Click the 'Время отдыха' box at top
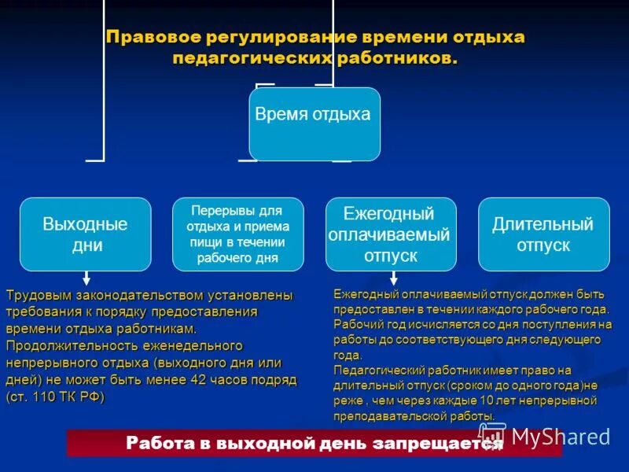(314, 124)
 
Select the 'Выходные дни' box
(85, 234)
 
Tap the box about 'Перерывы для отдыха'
(237, 234)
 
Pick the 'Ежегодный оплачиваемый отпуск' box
(390, 234)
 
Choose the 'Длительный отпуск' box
(543, 234)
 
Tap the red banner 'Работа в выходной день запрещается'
(314, 444)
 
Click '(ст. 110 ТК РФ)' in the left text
(55, 396)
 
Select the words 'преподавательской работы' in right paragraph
(414, 416)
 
